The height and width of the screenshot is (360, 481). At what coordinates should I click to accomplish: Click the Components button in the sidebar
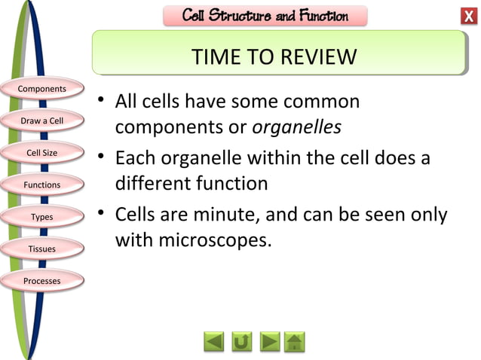pyautogui.click(x=42, y=89)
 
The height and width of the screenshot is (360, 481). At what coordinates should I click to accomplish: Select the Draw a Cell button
pyautogui.click(x=42, y=121)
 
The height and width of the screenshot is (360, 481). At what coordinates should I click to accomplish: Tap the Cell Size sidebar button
pyautogui.click(x=42, y=153)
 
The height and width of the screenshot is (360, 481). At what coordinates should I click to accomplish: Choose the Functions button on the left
pyautogui.click(x=42, y=185)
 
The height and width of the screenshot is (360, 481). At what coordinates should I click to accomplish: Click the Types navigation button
pyautogui.click(x=42, y=217)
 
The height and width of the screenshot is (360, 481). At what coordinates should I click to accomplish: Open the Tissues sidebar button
pyautogui.click(x=42, y=249)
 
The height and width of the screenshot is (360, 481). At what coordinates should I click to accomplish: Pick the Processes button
pyautogui.click(x=42, y=281)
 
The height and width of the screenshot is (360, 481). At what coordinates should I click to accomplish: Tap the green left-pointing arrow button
pyautogui.click(x=214, y=342)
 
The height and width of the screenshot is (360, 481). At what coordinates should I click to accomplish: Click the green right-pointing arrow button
pyautogui.click(x=269, y=342)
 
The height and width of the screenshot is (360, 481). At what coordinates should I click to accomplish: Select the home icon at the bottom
pyautogui.click(x=296, y=342)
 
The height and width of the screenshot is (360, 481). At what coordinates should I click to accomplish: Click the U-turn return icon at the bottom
pyautogui.click(x=242, y=342)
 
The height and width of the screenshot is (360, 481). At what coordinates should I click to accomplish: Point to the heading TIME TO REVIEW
pyautogui.click(x=274, y=57)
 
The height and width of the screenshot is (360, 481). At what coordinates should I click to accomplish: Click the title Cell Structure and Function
pyautogui.click(x=265, y=16)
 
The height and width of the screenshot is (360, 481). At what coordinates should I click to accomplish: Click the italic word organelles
pyautogui.click(x=296, y=127)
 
